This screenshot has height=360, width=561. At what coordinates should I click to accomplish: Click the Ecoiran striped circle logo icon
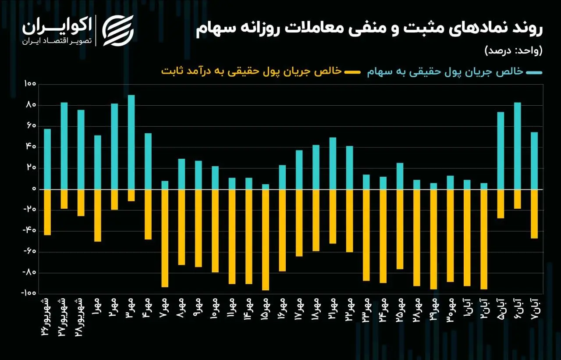[x=118, y=30]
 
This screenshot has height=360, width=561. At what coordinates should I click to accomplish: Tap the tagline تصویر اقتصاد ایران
[x=57, y=41]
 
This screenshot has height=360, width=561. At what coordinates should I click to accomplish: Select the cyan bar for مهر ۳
[x=131, y=142]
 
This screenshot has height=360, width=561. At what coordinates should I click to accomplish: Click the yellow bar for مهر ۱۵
[x=266, y=240]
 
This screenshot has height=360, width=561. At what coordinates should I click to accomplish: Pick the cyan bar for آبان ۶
[x=517, y=146]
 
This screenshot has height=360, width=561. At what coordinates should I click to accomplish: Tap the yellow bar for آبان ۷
[x=534, y=214]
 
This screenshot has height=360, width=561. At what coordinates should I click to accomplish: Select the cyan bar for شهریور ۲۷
[x=64, y=146]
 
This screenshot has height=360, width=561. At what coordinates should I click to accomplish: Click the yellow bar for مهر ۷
[x=165, y=238]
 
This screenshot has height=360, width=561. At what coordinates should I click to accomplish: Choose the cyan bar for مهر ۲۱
[x=333, y=163]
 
